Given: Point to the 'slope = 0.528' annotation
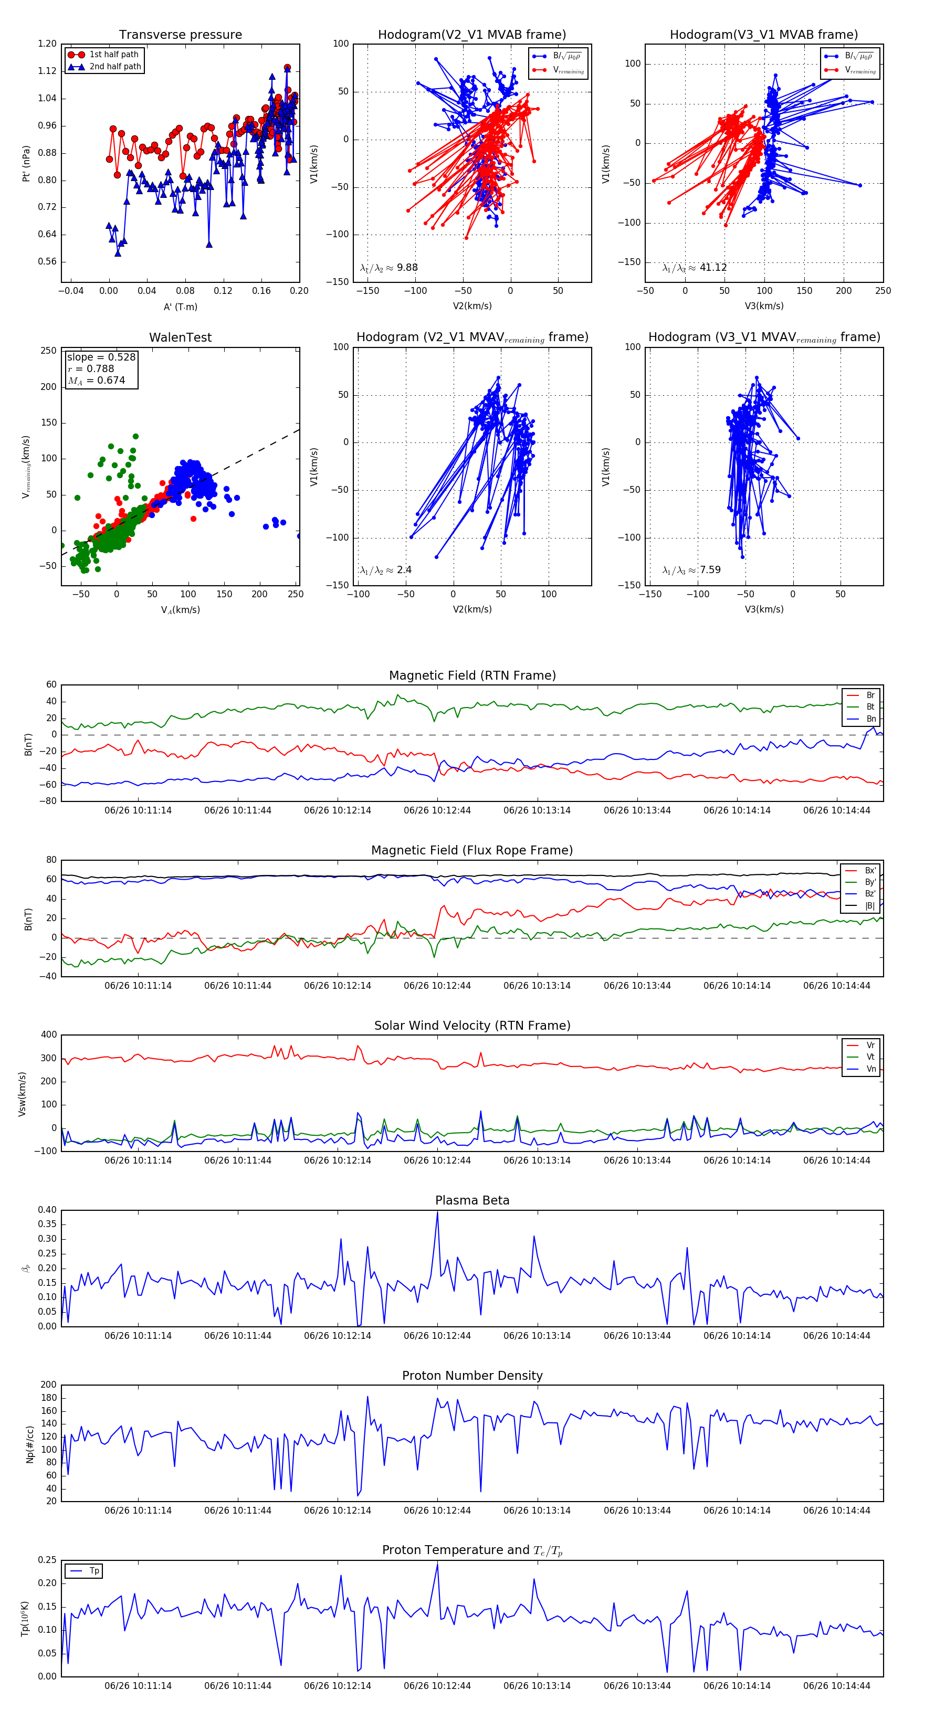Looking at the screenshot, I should pyautogui.click(x=101, y=357).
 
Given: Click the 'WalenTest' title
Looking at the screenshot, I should pyautogui.click(x=180, y=337).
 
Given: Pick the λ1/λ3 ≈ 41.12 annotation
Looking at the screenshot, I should pyautogui.click(x=694, y=268).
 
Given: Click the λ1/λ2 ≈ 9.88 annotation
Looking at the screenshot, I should pyautogui.click(x=388, y=268).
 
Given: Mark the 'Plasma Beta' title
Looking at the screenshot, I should pyautogui.click(x=472, y=1200).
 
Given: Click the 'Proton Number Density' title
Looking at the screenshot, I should pyautogui.click(x=472, y=1376).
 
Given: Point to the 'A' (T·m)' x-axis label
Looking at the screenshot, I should pyautogui.click(x=180, y=307).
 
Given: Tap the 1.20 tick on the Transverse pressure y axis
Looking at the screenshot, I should pyautogui.click(x=47, y=44).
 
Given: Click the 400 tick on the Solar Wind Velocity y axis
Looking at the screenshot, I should pyautogui.click(x=49, y=1035).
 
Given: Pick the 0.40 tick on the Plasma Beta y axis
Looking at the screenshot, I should pyautogui.click(x=47, y=1210).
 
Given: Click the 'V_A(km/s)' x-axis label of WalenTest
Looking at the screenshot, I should pyautogui.click(x=180, y=610).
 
